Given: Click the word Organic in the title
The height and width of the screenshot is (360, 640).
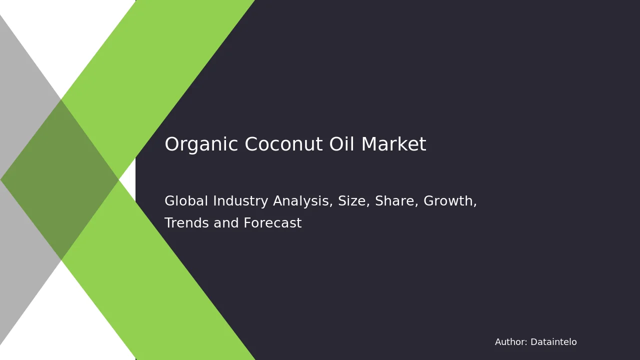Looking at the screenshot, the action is point(201,145).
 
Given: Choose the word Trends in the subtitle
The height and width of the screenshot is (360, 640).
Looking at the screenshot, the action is point(186,222).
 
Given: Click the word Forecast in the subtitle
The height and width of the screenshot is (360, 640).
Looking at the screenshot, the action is point(272,222).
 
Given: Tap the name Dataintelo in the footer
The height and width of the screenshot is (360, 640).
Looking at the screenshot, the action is point(553,342).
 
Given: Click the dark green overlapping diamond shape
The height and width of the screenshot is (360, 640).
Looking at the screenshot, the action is point(59,179).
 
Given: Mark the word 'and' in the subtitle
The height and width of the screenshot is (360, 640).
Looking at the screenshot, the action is point(226,222).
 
